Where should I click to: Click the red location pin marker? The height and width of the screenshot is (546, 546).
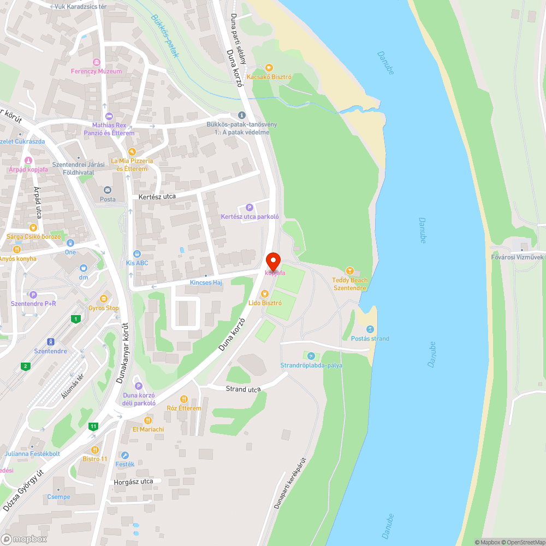tap(273, 261)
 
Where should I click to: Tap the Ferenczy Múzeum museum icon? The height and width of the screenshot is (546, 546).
tap(97, 62)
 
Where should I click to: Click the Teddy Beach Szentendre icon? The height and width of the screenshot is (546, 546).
tap(350, 271)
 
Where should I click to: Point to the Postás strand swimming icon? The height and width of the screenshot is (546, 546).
tap(370, 329)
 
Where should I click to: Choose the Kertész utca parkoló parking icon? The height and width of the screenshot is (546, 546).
tap(250, 207)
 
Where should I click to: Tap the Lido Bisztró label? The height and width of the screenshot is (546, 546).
tap(265, 302)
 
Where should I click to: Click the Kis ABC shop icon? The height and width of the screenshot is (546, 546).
tap(137, 253)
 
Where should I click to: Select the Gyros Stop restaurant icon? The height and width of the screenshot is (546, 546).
tap(104, 299)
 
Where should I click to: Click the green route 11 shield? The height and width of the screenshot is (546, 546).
tap(94, 426)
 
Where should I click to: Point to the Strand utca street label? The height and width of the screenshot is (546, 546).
tap(243, 389)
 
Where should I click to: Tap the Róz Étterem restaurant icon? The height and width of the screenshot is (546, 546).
tap(184, 399)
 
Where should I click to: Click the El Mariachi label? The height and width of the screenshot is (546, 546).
tap(148, 429)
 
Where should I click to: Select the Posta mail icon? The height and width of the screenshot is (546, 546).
tap(108, 190)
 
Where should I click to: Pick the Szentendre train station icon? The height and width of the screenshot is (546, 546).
tap(51, 342)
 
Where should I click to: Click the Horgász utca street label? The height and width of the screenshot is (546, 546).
tap(133, 482)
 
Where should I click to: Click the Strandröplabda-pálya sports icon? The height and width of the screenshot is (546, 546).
tap(311, 356)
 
